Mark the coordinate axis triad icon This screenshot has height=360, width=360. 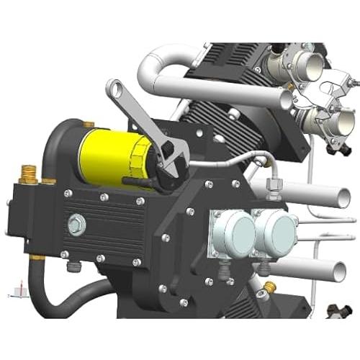point(17,292)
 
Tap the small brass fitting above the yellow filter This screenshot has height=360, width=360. point(88,125)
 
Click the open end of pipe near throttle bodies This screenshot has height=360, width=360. point(287,99)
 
